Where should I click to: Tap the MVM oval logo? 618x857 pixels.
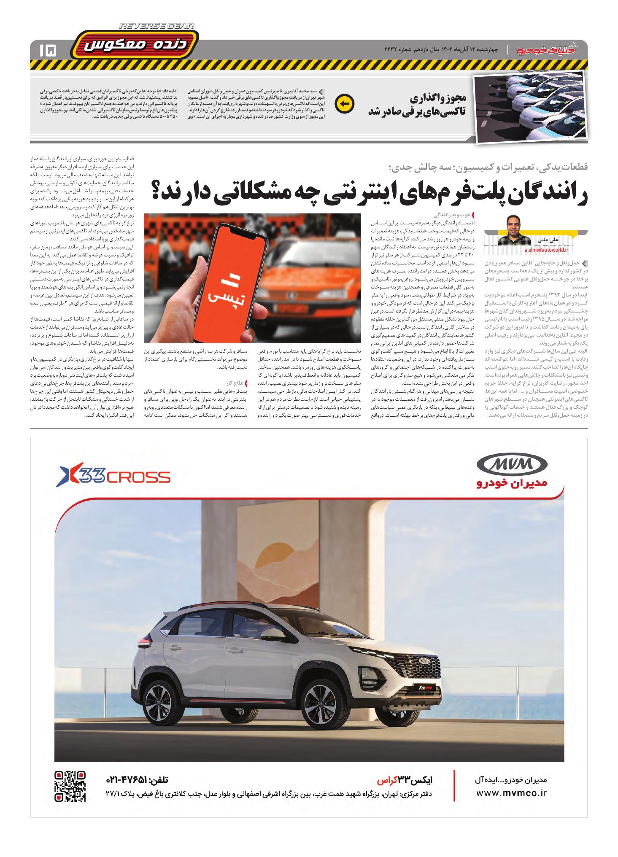pyautogui.click(x=512, y=466)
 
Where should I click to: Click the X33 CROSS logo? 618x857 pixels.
pyautogui.click(x=113, y=477)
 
